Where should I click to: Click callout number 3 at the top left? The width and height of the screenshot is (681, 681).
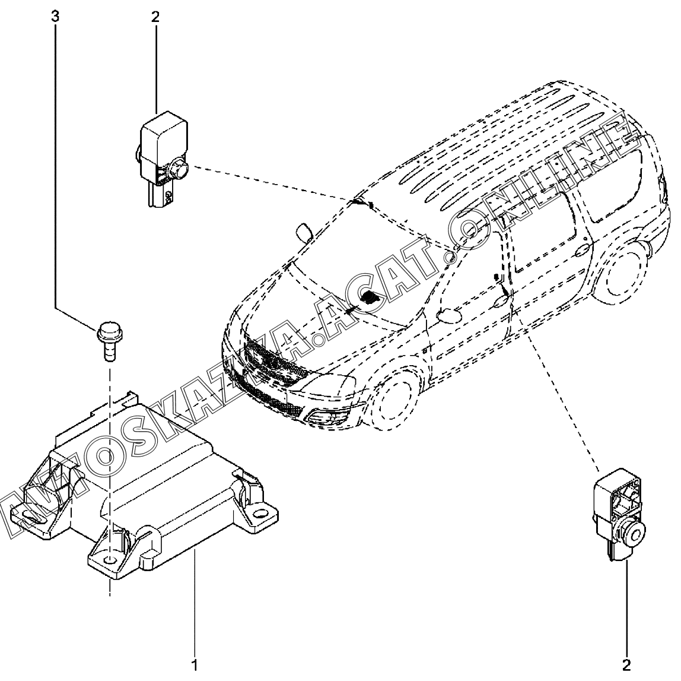[x=55, y=17]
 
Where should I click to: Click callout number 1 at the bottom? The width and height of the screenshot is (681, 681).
[x=195, y=663]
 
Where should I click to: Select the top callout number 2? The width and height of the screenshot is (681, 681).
[x=155, y=17]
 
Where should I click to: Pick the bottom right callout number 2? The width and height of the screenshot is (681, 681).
[x=626, y=663]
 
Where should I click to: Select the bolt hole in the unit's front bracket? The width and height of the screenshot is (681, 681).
[x=111, y=560]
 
